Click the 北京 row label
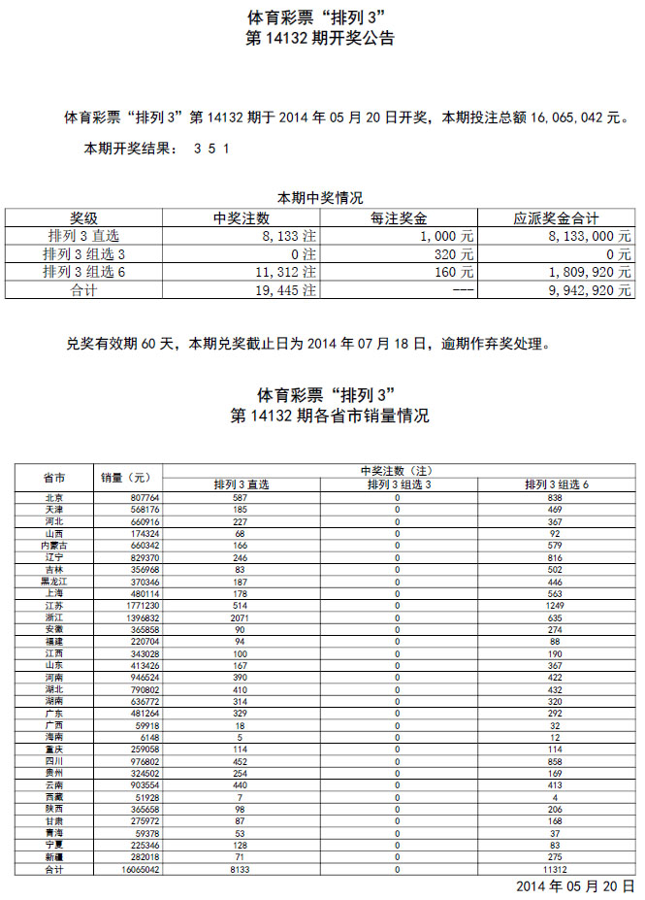54,497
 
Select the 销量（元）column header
126,478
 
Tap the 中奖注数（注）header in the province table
398,471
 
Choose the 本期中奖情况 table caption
320,197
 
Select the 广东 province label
54,715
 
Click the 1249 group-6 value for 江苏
556,606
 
